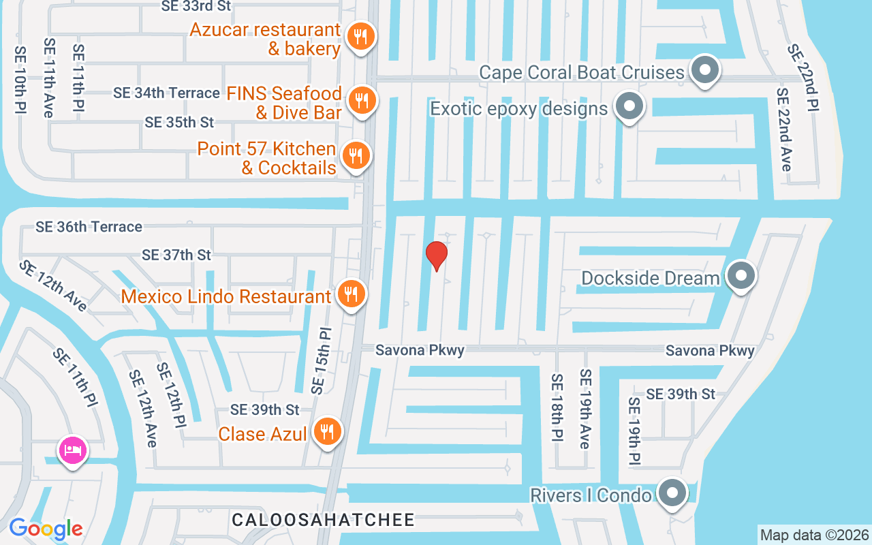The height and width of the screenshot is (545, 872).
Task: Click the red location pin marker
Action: click(x=436, y=255)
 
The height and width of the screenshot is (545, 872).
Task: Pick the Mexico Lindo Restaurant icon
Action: click(x=351, y=294)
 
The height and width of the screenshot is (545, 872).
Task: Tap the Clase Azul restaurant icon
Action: click(x=328, y=431)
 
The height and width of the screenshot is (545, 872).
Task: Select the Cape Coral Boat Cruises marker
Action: click(x=704, y=69)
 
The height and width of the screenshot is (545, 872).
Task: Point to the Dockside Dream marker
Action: click(x=741, y=276)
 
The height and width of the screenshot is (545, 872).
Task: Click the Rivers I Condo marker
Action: click(x=672, y=492)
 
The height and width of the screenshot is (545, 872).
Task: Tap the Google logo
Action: click(x=46, y=528)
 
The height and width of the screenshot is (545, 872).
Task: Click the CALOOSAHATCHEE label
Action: click(x=323, y=520)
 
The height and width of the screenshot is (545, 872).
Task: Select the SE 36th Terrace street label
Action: click(x=89, y=227)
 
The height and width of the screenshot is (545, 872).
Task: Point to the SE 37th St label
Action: click(x=176, y=255)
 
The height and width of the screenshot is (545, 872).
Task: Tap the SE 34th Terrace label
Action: click(x=166, y=93)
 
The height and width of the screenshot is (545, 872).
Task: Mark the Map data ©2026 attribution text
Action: click(x=814, y=535)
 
